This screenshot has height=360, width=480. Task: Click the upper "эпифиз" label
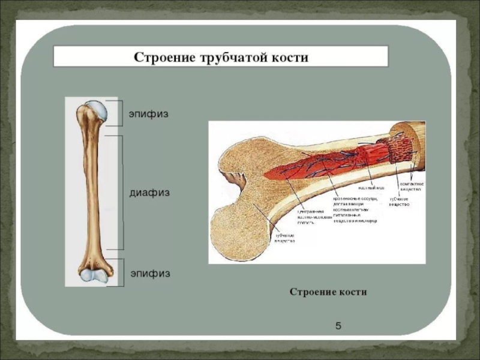[x=147, y=113]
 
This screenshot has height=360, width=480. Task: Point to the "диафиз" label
[x=150, y=193]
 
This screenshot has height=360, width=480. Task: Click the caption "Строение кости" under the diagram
[x=328, y=292]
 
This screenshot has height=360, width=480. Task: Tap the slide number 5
[x=338, y=326]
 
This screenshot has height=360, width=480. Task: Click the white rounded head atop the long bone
[x=96, y=110]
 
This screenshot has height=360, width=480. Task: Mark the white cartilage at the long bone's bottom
[x=92, y=275]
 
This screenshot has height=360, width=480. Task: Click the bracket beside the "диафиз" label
[x=121, y=192]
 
